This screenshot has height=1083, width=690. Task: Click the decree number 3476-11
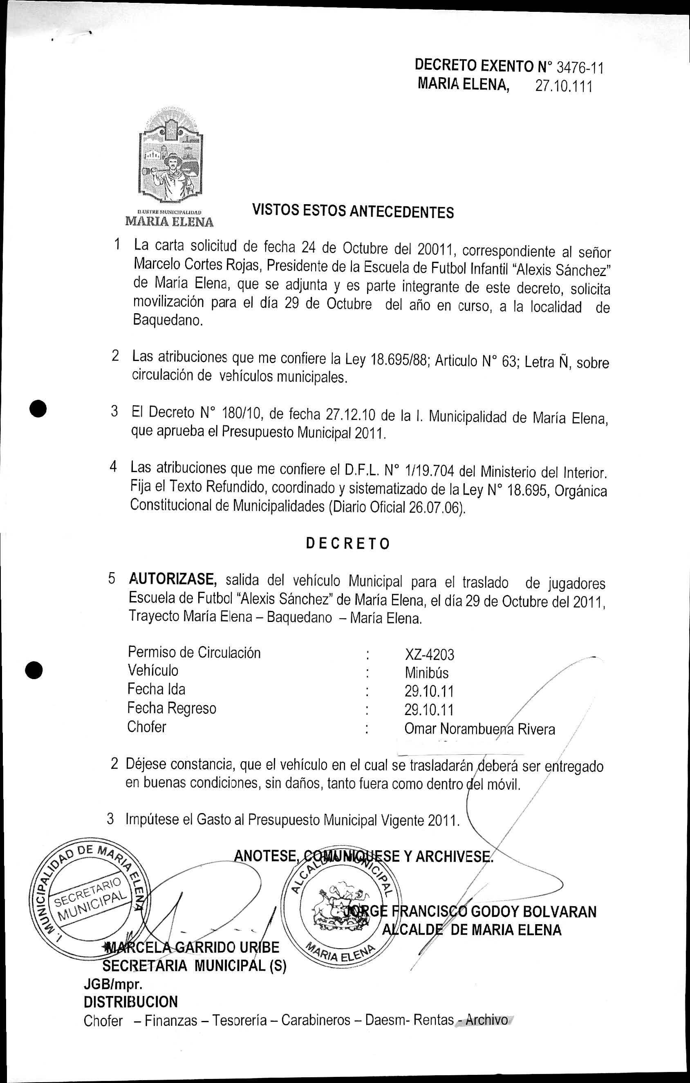click(580, 68)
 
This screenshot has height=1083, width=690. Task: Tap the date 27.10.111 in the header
click(564, 86)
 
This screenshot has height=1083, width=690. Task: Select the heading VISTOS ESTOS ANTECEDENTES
click(352, 212)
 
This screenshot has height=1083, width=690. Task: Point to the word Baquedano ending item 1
click(168, 321)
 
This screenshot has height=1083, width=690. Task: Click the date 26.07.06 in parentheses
click(435, 507)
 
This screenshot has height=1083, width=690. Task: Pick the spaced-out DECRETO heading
click(348, 544)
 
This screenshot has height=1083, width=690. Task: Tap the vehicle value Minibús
click(426, 673)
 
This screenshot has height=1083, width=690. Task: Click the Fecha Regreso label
click(172, 709)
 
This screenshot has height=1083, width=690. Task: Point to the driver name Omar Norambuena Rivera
click(479, 729)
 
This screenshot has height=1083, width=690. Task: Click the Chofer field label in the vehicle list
click(147, 727)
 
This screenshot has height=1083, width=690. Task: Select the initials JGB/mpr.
click(113, 985)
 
